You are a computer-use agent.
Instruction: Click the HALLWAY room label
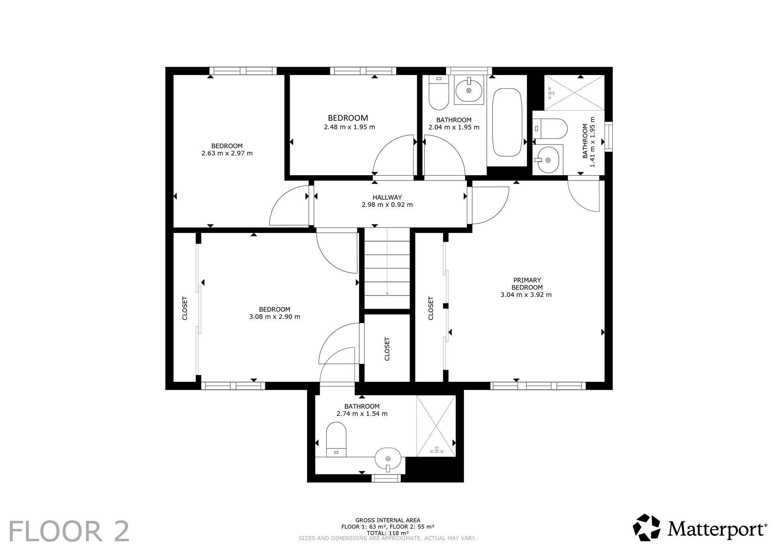click(x=387, y=197)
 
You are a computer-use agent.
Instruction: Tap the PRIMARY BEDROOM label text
click(x=527, y=284)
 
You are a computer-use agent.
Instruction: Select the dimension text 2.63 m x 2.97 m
click(x=227, y=153)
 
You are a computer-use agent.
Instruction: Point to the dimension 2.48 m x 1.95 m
click(x=349, y=127)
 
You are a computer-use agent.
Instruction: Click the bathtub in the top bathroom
click(x=507, y=122)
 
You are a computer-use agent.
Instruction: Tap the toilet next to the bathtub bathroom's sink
click(x=439, y=92)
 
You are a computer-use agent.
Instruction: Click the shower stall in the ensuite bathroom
click(x=574, y=93)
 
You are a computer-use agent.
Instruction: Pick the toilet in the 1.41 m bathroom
click(x=549, y=129)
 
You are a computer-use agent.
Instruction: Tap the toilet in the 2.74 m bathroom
click(x=336, y=439)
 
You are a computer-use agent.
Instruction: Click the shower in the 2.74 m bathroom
click(x=436, y=426)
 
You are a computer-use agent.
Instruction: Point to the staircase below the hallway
click(x=387, y=268)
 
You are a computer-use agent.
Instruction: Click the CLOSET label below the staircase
click(x=387, y=349)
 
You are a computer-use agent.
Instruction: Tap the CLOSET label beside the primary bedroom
click(x=431, y=308)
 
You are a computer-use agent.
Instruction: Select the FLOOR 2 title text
click(x=69, y=532)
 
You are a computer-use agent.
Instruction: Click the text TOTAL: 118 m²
click(x=388, y=533)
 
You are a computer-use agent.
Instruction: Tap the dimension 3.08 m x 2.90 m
click(x=275, y=317)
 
